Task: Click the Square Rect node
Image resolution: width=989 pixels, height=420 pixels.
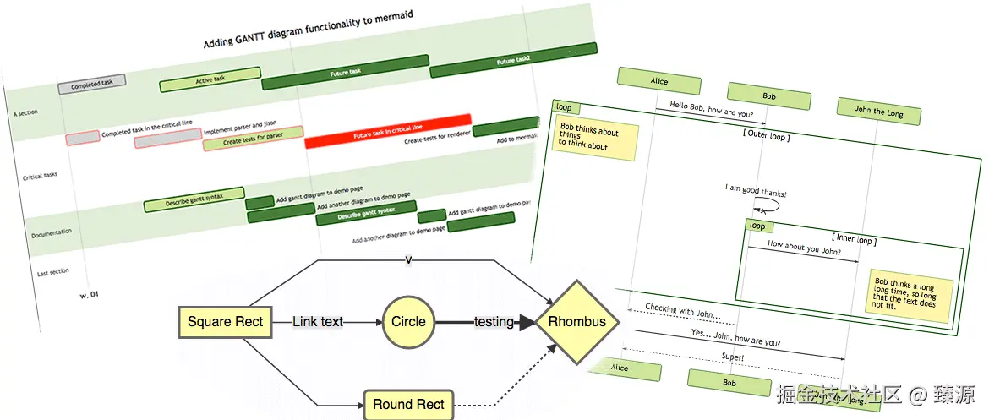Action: pos(226,321)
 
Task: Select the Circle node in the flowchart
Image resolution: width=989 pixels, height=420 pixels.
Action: pos(408,321)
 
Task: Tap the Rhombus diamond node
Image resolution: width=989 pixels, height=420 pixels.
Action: pos(577,322)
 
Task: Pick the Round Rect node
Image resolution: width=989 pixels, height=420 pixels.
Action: pos(408,405)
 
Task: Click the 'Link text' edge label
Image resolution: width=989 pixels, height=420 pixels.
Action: pos(318,321)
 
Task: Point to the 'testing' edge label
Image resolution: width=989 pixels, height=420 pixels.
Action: pos(494,322)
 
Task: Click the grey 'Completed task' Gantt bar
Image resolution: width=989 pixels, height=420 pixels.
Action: pos(91,84)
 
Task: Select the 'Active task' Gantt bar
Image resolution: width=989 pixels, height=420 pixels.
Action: pos(209,79)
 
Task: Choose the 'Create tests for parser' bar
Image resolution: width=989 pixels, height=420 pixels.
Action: pos(253,139)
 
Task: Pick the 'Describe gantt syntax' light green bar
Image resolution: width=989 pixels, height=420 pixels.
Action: pos(194,199)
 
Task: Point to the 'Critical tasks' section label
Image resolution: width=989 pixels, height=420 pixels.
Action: pos(40,176)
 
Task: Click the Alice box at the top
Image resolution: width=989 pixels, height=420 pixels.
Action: pos(658,81)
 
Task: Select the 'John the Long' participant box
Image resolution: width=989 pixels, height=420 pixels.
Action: pos(878,111)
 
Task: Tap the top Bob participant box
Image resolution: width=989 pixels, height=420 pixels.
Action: pos(768,95)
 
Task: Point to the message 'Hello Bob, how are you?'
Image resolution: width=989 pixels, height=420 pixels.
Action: pos(711,110)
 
